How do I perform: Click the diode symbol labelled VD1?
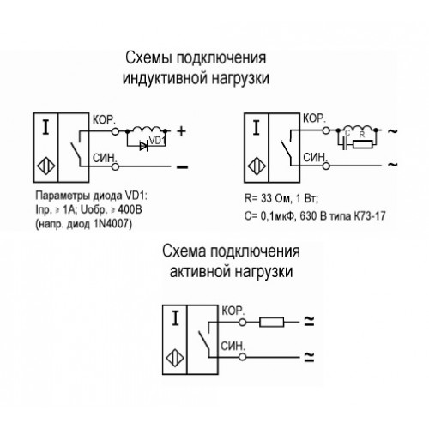pos(144,147)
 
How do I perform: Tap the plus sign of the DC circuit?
pos(181,131)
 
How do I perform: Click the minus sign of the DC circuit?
pos(183,167)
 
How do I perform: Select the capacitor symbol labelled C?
pos(346,144)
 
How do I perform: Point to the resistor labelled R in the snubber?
pos(363,144)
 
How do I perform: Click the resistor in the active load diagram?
pos(272,322)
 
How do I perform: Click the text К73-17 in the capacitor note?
pos(370,215)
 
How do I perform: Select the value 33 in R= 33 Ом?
pos(266,198)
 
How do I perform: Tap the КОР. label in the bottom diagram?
pos(233,311)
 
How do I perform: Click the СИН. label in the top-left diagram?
pos(105,158)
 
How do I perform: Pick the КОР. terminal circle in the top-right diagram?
pos(326,130)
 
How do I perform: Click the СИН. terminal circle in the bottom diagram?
pos(242,357)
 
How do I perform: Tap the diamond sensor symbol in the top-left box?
pos(46,166)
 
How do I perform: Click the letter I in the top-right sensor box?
pos(256,128)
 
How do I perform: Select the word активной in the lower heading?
pos(200,271)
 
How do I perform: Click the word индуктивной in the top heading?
pos(165,78)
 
